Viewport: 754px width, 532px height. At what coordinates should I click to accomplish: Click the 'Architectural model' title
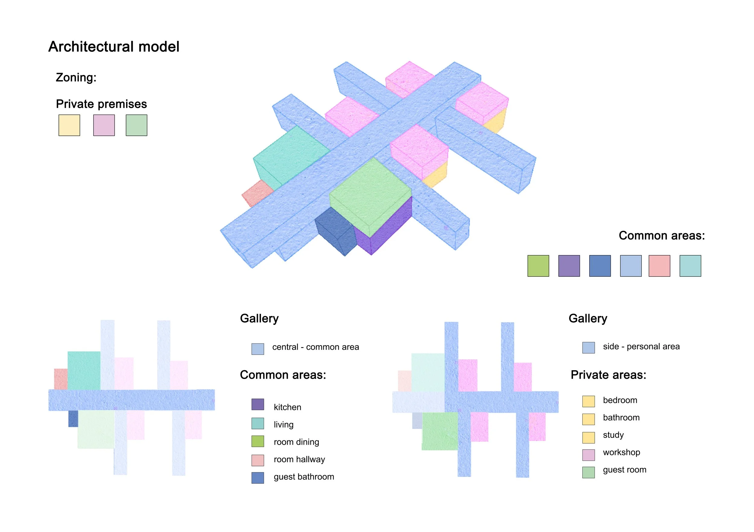114,47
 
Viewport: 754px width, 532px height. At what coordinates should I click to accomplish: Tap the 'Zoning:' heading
76,77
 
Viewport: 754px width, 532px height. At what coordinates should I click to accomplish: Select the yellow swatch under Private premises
69,125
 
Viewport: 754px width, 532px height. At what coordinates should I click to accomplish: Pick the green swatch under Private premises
137,125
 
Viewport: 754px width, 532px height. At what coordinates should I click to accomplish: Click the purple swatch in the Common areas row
569,266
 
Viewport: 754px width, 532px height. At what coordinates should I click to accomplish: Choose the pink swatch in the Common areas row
659,266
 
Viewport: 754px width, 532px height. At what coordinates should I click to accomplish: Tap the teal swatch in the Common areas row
690,266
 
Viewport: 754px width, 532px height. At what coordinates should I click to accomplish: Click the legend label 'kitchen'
287,407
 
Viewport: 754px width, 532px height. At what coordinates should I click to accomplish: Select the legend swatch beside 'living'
258,424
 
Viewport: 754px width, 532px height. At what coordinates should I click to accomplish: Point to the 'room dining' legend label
296,442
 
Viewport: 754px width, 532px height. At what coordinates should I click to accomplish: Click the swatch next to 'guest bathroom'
258,477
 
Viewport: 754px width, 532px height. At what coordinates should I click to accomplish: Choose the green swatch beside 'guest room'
588,472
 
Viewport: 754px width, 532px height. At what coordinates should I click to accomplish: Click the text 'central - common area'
315,347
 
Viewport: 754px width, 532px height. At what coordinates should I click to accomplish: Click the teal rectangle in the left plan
84,370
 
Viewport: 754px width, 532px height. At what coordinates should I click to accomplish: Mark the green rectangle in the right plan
440,431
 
